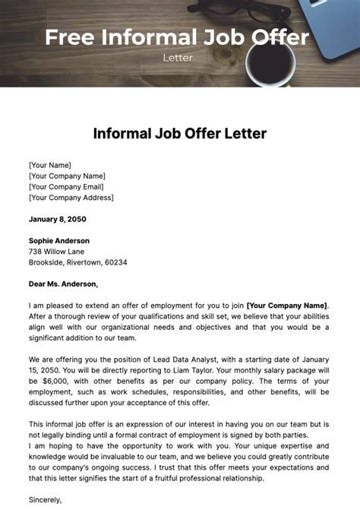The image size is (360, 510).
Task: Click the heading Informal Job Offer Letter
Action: coord(180,134)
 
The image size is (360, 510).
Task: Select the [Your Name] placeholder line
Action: coord(50,165)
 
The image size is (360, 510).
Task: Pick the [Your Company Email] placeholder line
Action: coord(67,186)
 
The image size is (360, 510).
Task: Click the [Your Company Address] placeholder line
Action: coord(71,197)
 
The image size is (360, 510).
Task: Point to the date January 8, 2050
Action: coord(58,219)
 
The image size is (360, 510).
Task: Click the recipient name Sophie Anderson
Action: coord(60,241)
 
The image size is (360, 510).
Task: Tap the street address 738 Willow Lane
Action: coord(57,252)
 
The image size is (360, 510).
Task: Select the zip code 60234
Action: coord(115,262)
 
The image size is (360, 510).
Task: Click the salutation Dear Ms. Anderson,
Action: coord(63,284)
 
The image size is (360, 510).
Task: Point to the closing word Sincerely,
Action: coord(46,500)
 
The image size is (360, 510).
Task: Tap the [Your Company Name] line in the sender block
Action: coord(66,176)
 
